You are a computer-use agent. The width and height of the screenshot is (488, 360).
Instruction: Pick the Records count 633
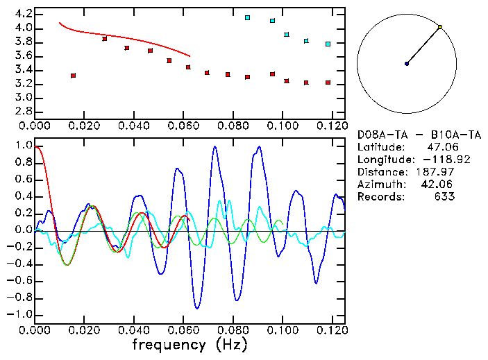pyautogui.click(x=446, y=197)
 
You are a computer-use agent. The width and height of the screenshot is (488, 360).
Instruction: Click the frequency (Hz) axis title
pyautogui.click(x=190, y=344)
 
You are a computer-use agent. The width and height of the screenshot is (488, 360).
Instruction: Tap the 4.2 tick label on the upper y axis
pyautogui.click(x=24, y=14)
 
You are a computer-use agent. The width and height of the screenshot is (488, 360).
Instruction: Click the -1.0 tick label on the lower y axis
pyautogui.click(x=21, y=314)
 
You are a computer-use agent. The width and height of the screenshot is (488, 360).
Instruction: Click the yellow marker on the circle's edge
pyautogui.click(x=440, y=27)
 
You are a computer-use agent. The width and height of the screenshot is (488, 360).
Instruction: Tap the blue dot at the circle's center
pyautogui.click(x=407, y=64)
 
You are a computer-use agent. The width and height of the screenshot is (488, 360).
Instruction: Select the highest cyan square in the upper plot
pyautogui.click(x=248, y=17)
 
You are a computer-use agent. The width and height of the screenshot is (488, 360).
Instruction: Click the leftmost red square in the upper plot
pyautogui.click(x=74, y=76)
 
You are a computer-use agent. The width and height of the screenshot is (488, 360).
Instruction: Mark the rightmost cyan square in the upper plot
pyautogui.click(x=328, y=44)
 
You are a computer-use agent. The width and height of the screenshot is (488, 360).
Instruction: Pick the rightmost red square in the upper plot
pyautogui.click(x=328, y=83)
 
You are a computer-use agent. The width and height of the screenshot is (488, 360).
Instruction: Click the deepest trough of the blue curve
pyautogui.click(x=198, y=308)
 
